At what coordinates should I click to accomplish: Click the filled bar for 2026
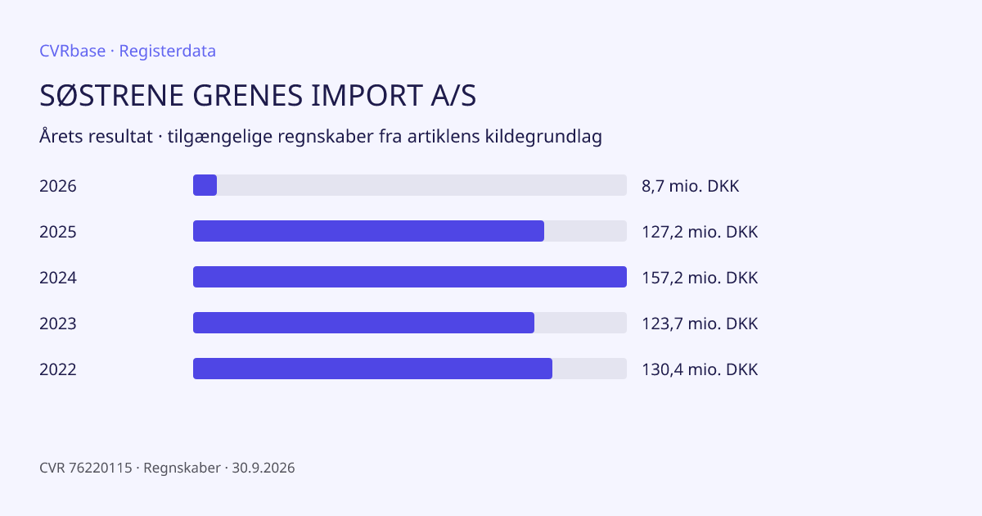tap(205, 185)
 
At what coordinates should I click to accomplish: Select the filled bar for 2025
tap(369, 231)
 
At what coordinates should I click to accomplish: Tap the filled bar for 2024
tap(410, 277)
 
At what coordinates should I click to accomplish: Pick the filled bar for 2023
tap(364, 323)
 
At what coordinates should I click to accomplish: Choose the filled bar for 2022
tap(372, 369)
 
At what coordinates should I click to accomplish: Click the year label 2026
tap(58, 186)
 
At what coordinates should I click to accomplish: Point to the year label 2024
tap(58, 278)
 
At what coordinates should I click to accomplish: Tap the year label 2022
tap(58, 369)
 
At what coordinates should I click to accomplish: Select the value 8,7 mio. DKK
tap(691, 186)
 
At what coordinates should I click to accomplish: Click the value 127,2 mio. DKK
tap(700, 232)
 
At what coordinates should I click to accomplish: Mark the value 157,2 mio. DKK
tap(700, 278)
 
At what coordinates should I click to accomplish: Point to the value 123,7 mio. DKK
tap(700, 324)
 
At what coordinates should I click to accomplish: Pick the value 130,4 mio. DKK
tap(700, 369)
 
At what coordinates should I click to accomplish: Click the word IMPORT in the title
tap(367, 95)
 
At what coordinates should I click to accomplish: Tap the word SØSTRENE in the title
tap(111, 95)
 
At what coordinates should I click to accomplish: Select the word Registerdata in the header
tap(168, 51)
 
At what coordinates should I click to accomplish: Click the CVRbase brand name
tap(72, 51)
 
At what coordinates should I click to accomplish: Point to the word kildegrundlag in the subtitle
tap(543, 137)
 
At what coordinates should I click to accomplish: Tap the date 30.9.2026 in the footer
tap(264, 468)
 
